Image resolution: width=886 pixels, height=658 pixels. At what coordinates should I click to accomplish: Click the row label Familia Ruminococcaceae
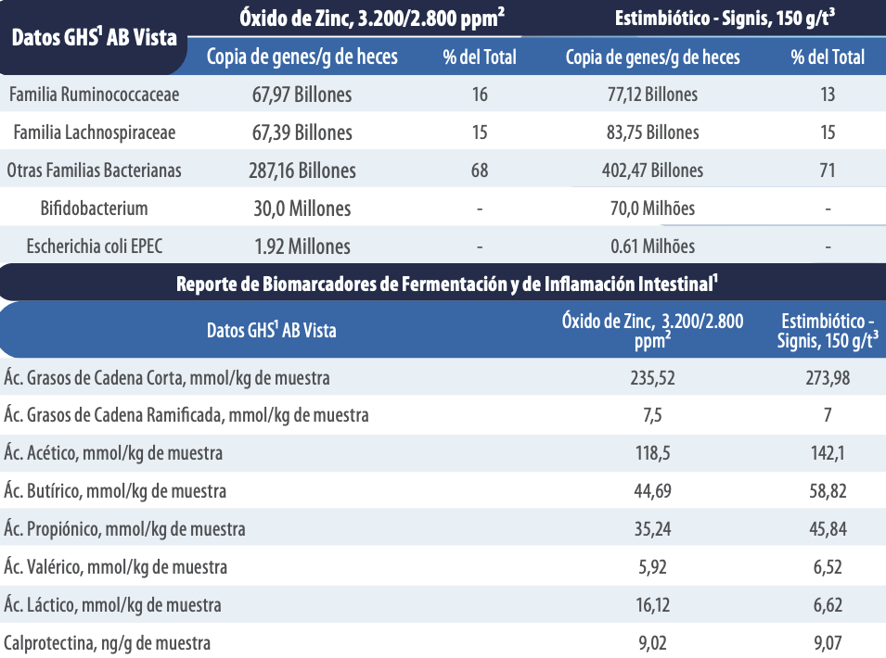pos(95,95)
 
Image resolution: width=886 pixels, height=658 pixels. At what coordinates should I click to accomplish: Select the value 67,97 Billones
pos(302,95)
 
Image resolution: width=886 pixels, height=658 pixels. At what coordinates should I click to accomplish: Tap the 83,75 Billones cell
pos(652,132)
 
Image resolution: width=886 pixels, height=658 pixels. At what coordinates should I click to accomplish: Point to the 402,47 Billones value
pos(652,170)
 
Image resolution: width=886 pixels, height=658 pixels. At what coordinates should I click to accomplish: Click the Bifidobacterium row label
pos(95,209)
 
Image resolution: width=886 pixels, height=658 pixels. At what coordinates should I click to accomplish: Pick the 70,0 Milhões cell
pos(652,209)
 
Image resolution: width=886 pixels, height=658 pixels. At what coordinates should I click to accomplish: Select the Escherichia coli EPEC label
pos(95,246)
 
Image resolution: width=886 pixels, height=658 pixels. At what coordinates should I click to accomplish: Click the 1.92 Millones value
pos(302,247)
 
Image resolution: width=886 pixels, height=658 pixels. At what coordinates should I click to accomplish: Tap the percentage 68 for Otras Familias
pos(480,171)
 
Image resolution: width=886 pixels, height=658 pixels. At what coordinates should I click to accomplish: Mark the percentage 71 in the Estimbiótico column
pos(828,171)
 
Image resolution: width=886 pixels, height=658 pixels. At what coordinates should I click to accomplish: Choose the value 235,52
pos(652,378)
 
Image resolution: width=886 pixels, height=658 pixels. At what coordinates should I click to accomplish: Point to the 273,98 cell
pos(828,378)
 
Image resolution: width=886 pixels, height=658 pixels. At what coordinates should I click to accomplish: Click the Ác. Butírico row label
pos(115,491)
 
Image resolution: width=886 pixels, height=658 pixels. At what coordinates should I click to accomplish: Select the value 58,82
pos(828,491)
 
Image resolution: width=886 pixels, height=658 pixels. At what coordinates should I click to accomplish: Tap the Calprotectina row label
pos(107,643)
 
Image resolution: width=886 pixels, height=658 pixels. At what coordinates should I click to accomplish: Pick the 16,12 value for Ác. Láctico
pos(652,605)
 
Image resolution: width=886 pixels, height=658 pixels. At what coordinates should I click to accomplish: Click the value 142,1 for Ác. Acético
pos(828,453)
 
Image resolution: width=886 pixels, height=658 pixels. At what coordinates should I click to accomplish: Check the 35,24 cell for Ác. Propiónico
pos(652,529)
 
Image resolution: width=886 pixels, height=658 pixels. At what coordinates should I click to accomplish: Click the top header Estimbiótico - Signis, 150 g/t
pos(725,18)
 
